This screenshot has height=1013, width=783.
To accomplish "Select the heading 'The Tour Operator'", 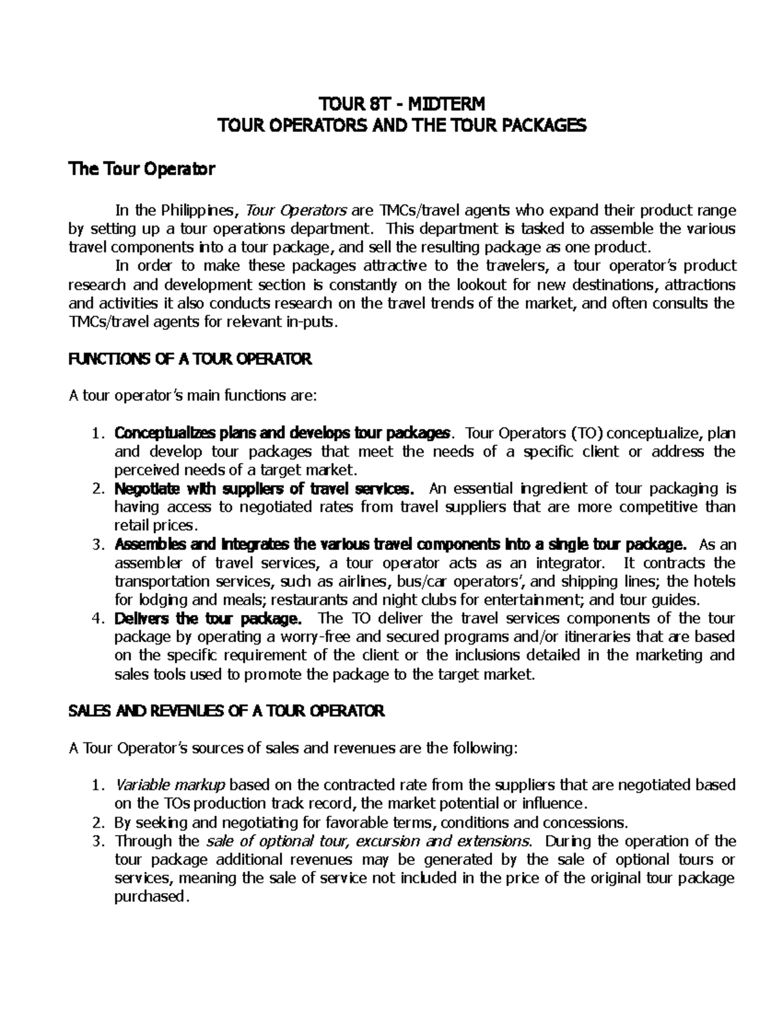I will (x=142, y=170).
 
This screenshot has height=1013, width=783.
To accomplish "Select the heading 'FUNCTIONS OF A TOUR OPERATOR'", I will (x=191, y=359).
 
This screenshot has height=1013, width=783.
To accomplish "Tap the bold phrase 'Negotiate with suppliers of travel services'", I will (x=263, y=489).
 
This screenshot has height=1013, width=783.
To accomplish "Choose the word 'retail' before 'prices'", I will (x=132, y=525).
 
